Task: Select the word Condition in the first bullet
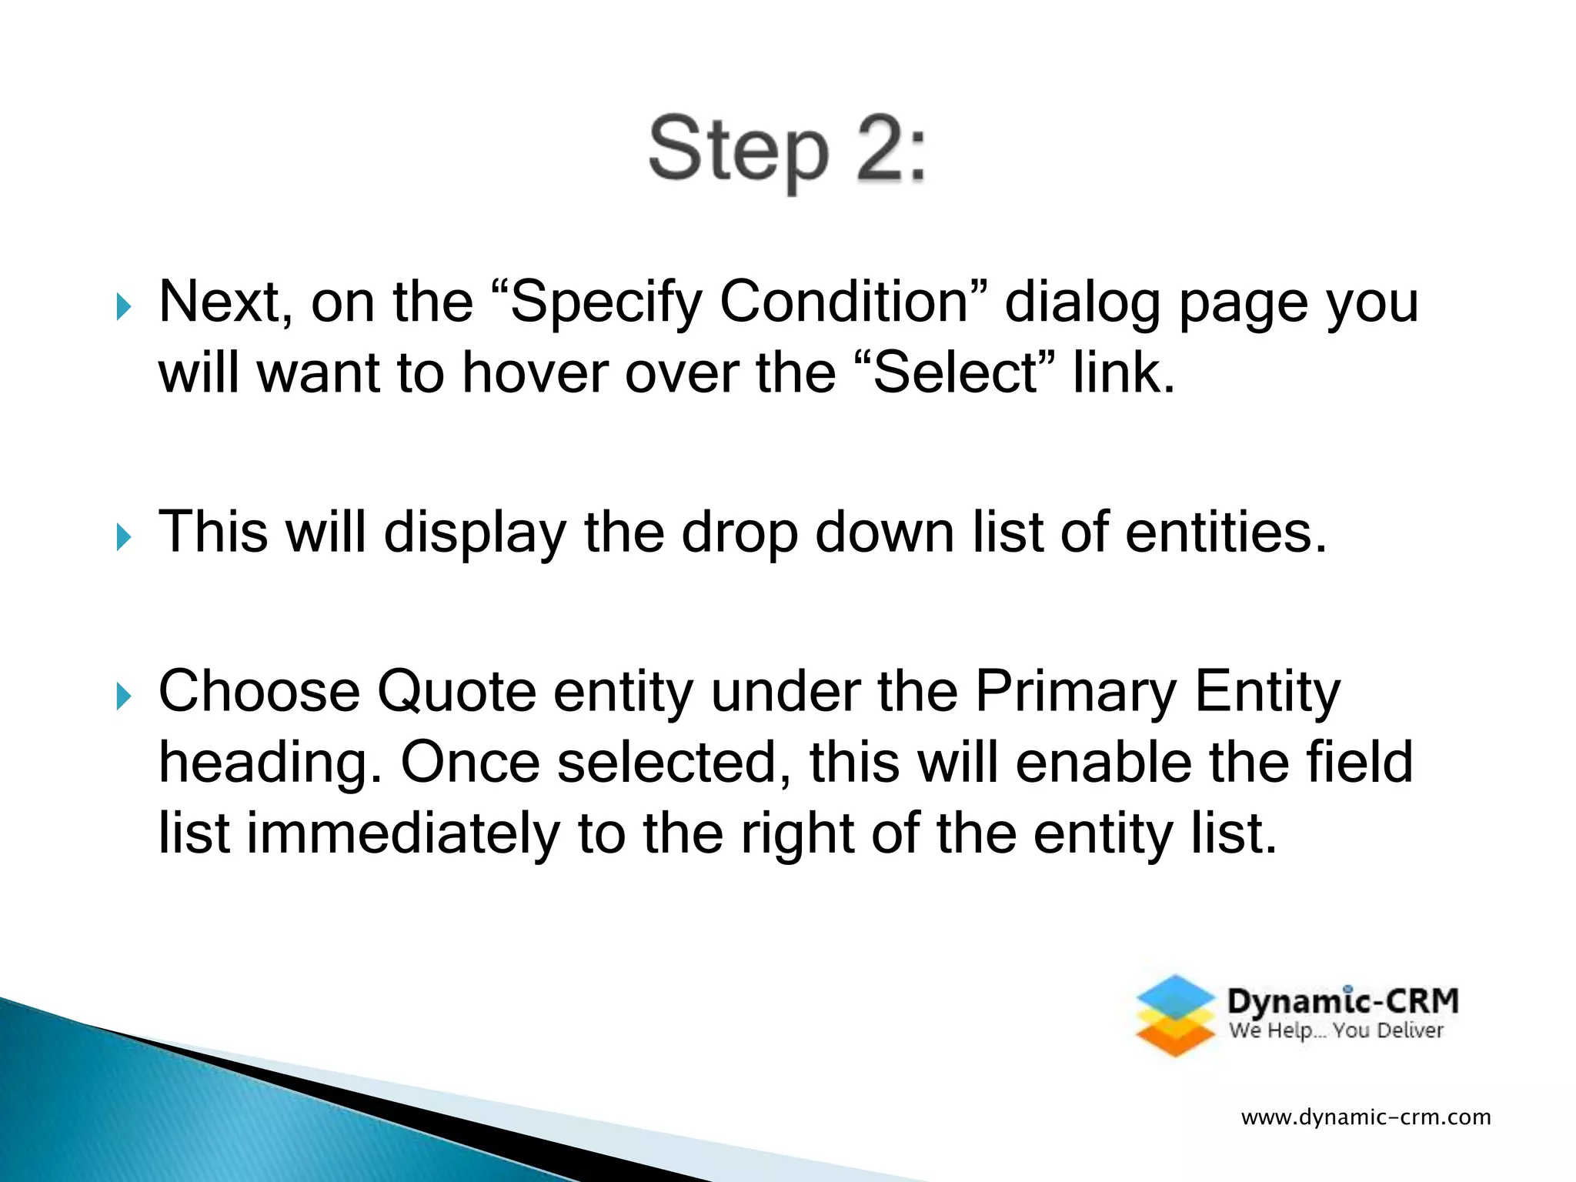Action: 843,302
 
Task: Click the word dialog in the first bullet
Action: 1082,303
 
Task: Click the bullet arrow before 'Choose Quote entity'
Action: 123,696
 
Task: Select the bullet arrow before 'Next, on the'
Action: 123,307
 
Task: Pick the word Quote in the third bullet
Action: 456,692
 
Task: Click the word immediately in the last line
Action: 402,834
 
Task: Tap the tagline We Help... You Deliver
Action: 1335,1031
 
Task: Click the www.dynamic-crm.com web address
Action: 1366,1117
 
